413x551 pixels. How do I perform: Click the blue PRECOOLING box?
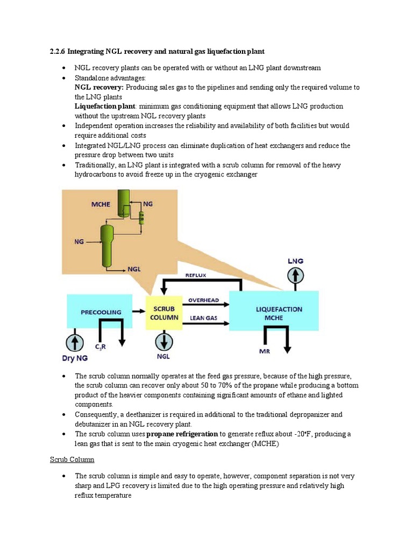100,312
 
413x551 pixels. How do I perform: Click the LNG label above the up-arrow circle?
295,261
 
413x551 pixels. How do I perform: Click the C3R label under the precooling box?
101,347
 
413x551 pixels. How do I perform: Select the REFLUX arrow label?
196,275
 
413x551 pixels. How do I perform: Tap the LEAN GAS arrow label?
203,318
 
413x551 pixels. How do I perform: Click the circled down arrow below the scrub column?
164,342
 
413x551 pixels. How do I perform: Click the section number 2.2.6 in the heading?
58,51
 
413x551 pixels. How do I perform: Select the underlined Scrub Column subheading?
72,460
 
